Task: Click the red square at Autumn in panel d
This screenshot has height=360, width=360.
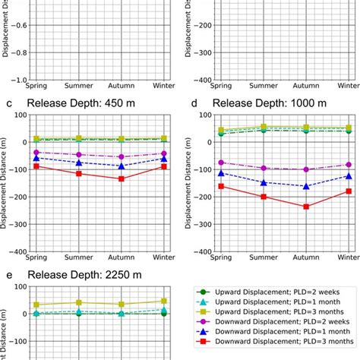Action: (x=307, y=207)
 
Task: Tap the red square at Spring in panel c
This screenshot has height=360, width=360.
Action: (x=36, y=166)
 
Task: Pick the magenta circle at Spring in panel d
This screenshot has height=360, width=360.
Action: (x=222, y=163)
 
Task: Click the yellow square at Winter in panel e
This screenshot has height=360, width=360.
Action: (x=164, y=301)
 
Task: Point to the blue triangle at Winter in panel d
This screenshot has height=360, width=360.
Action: (x=349, y=176)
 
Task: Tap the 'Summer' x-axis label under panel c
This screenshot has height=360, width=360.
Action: (x=79, y=259)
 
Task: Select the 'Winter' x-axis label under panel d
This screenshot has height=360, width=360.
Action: (x=349, y=259)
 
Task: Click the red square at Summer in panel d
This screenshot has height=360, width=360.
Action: (x=264, y=197)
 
